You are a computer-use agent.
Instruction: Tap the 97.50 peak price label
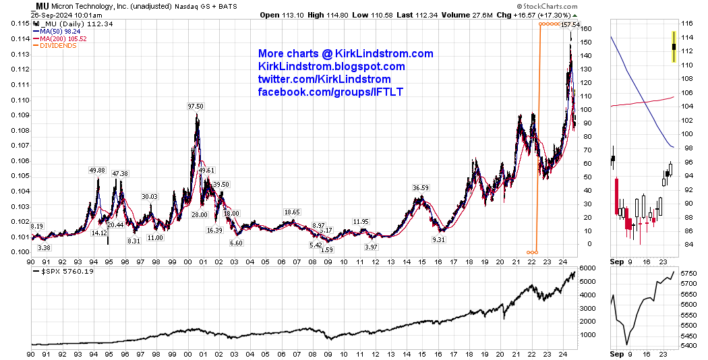pos(196,107)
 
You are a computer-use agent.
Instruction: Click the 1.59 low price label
pos(326,250)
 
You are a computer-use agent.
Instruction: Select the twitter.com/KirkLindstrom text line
pos(324,79)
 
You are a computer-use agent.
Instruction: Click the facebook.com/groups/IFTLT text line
pos(330,92)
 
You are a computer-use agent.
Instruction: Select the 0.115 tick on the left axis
pos(18,24)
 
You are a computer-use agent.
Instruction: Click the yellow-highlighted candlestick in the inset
pos(674,47)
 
